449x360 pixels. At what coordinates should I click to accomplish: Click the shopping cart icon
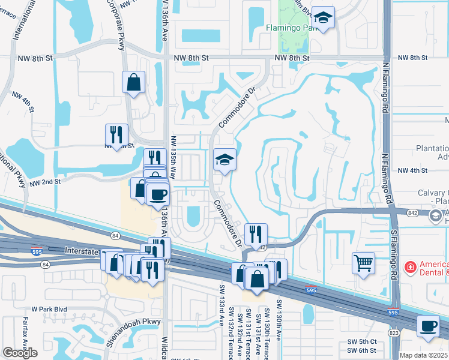364,262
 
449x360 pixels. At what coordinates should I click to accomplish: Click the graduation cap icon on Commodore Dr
224,160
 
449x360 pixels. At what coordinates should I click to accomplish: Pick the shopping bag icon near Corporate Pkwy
134,81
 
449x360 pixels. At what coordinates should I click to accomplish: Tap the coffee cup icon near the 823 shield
427,326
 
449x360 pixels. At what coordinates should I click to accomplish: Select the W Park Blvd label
50,310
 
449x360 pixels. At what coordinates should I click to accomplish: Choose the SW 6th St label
361,350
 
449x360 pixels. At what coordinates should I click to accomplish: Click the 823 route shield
394,332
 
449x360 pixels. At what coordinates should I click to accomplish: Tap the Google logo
20,353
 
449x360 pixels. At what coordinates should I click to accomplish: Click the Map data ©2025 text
423,355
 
